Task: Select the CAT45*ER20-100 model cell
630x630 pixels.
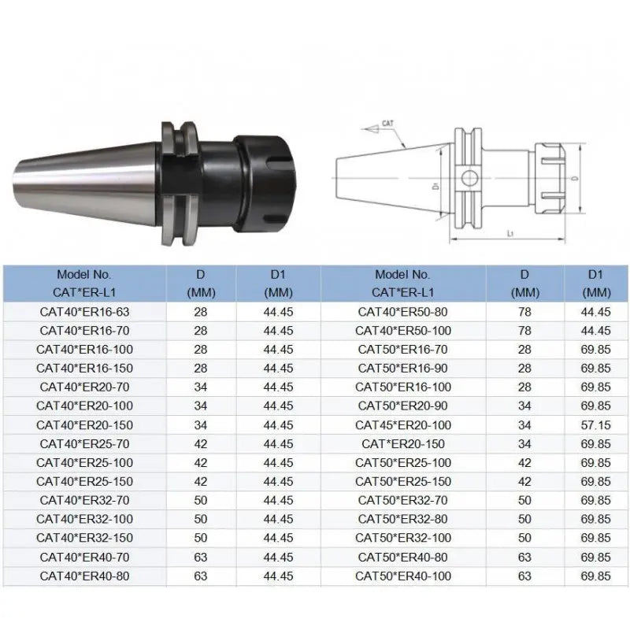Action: (402, 425)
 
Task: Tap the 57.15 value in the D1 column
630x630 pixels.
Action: (596, 425)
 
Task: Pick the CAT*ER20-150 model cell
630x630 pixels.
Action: (402, 444)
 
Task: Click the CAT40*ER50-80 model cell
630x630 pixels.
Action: (402, 312)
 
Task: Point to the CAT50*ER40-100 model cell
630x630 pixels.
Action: (402, 576)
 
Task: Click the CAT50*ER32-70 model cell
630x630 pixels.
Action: (402, 501)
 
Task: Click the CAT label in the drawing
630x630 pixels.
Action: (387, 124)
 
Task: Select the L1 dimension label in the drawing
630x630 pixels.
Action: (511, 234)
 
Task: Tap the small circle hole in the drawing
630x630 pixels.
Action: (470, 177)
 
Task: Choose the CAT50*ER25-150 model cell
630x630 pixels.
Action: (402, 482)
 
